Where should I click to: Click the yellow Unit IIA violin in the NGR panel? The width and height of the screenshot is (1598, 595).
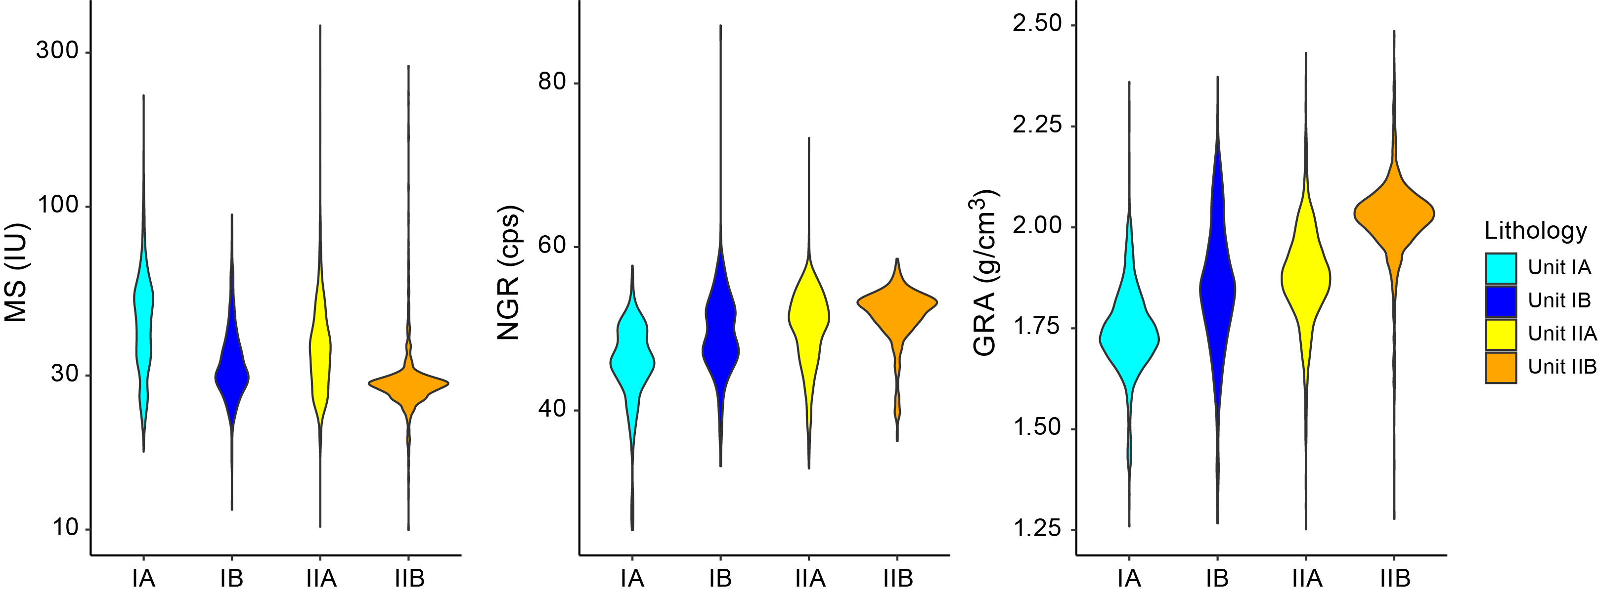pos(809,316)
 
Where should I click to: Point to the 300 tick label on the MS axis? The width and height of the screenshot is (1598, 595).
pos(57,50)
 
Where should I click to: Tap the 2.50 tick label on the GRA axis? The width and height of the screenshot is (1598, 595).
pos(1037,24)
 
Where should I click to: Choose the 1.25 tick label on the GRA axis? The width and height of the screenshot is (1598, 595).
pos(1037,528)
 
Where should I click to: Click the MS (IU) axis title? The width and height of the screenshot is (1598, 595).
pos(16,273)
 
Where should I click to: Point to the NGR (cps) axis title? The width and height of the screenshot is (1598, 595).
pos(508,273)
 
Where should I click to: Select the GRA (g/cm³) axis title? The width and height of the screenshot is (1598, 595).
pos(984,273)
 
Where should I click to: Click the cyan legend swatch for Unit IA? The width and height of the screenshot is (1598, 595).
pos(1501,268)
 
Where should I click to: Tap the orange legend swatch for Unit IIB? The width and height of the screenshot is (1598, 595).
pos(1501,368)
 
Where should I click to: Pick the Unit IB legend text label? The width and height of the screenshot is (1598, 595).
pos(1559,300)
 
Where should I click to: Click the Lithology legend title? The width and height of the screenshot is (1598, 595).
pos(1535,231)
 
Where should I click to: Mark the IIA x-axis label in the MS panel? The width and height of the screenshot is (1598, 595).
pos(321,579)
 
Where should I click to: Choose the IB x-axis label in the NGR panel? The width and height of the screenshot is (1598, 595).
pos(720,579)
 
